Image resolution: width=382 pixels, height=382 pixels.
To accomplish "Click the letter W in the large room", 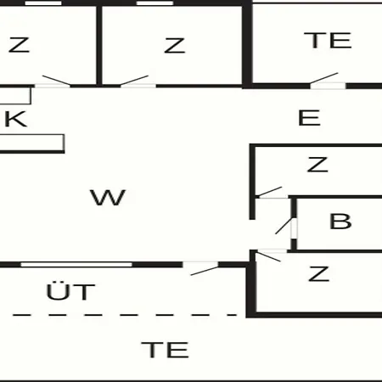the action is tap(108, 197).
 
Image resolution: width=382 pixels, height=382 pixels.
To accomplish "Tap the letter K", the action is tap(16, 119).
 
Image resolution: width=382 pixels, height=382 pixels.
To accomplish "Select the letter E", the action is tap(309, 118).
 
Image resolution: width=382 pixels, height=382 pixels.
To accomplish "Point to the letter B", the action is tap(340, 221).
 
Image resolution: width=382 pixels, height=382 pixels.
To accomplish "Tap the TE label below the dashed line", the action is tap(165, 350).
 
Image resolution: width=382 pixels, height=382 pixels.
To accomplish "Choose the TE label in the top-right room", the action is tap(328, 41).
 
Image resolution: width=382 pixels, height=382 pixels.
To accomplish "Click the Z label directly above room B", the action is tap(317, 165).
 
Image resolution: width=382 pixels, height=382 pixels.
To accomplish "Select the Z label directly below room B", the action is tap(319, 273).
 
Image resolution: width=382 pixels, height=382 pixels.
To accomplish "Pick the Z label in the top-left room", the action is tap(19, 45).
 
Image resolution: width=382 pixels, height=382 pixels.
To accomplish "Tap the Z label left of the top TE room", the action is tap(175, 46).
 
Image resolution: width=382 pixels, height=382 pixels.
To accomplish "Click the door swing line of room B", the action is tap(284, 226).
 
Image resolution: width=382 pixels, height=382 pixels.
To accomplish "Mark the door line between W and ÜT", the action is tap(205, 271).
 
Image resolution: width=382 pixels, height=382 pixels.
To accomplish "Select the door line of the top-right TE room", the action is tap(324, 78).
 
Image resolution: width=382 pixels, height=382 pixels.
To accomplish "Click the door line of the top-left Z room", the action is tap(56, 80).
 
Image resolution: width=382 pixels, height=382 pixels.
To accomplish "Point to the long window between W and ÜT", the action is tap(76, 265).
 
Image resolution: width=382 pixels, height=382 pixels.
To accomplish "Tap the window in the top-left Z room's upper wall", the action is tap(43, 3).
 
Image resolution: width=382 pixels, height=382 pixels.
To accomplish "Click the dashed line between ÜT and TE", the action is tap(125, 315).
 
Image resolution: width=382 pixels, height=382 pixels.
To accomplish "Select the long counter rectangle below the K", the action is tap(32, 143).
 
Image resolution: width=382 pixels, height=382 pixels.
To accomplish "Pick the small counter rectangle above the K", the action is tap(15, 96).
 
